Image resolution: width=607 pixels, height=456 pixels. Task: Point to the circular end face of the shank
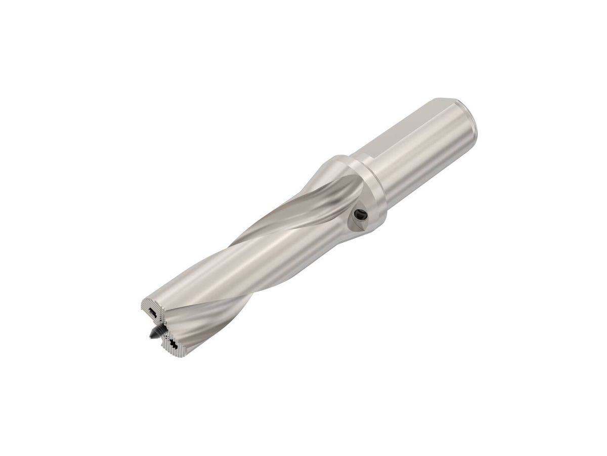tap(468, 122)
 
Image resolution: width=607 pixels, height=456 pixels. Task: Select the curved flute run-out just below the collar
tap(324, 198)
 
